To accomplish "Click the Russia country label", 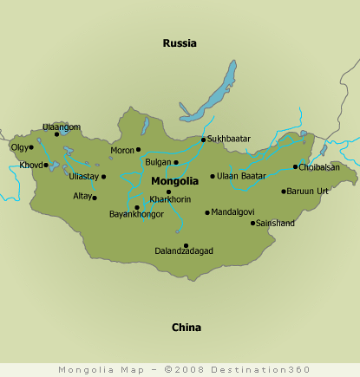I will (180, 42).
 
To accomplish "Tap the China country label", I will (186, 328).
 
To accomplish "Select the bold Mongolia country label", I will (175, 181).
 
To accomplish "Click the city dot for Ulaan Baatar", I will (213, 176).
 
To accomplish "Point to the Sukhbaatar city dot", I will (203, 140).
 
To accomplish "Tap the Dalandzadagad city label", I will (183, 250).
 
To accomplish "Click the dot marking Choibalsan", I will (295, 166).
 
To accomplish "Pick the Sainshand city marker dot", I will (253, 223).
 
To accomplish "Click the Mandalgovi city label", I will (233, 211).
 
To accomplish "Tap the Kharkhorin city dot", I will (168, 192).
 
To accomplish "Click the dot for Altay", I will (95, 198).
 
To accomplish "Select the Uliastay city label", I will (85, 177).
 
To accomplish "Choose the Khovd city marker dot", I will (47, 165).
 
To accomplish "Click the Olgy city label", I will (18, 147).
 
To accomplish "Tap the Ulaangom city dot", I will (57, 134).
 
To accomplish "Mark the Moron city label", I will (121, 150).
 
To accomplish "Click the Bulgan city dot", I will (176, 162).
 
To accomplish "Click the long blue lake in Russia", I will (217, 94).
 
